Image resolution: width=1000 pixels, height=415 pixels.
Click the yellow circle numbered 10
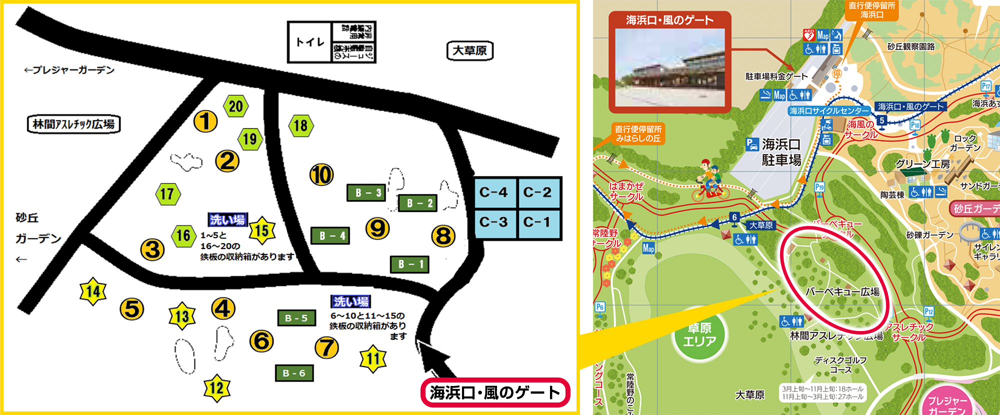[x=321, y=174]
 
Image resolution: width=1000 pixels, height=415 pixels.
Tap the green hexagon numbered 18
[x=301, y=125]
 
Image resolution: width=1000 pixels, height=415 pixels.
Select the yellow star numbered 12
[x=216, y=387]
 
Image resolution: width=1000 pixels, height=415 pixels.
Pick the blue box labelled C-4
[x=493, y=192]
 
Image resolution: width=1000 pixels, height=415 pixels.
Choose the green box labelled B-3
[x=366, y=192]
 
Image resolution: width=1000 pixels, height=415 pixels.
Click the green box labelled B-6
[x=294, y=373]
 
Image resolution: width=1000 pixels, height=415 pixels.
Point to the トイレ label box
[x=310, y=42]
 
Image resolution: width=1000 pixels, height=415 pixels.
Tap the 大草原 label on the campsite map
[x=469, y=50]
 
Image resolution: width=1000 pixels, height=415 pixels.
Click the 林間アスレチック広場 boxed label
[x=73, y=124]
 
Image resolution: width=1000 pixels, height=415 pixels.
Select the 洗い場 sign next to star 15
[x=227, y=219]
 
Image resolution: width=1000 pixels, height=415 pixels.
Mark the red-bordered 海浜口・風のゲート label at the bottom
[x=495, y=392]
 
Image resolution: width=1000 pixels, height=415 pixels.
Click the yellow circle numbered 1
[x=205, y=121]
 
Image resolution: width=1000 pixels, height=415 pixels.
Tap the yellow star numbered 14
[x=93, y=291]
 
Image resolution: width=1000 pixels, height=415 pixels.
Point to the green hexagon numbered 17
[x=167, y=194]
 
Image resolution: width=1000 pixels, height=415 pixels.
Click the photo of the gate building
[x=669, y=67]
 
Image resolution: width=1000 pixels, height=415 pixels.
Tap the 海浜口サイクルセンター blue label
[x=829, y=111]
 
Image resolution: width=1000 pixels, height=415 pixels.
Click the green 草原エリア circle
[x=699, y=334]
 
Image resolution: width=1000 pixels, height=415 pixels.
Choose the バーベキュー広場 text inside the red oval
[x=842, y=291]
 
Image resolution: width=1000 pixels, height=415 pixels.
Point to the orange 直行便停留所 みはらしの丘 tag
[x=638, y=134]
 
